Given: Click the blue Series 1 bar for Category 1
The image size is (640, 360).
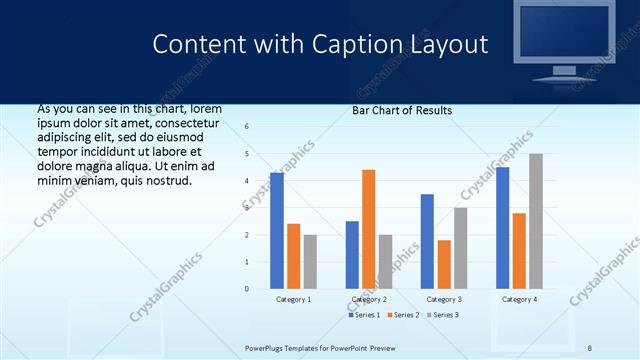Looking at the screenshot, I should [x=277, y=231].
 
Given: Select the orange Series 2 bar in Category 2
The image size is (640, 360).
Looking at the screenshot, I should [x=368, y=229].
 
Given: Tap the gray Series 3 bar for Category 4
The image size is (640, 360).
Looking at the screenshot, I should [x=536, y=221].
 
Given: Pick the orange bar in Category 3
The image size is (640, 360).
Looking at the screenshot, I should [x=444, y=264].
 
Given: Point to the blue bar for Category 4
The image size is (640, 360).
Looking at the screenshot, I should [x=502, y=228].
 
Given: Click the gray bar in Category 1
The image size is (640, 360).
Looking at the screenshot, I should [x=310, y=262].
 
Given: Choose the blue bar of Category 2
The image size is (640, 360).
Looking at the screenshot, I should [x=352, y=255].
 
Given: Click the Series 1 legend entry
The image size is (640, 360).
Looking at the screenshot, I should [x=366, y=315].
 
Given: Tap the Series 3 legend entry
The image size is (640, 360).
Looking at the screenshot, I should [x=445, y=315].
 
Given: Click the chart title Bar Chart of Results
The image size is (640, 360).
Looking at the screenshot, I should [x=402, y=110].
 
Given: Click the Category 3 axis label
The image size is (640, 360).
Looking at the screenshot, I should [x=444, y=299].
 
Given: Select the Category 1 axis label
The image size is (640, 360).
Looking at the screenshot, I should [x=294, y=299].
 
